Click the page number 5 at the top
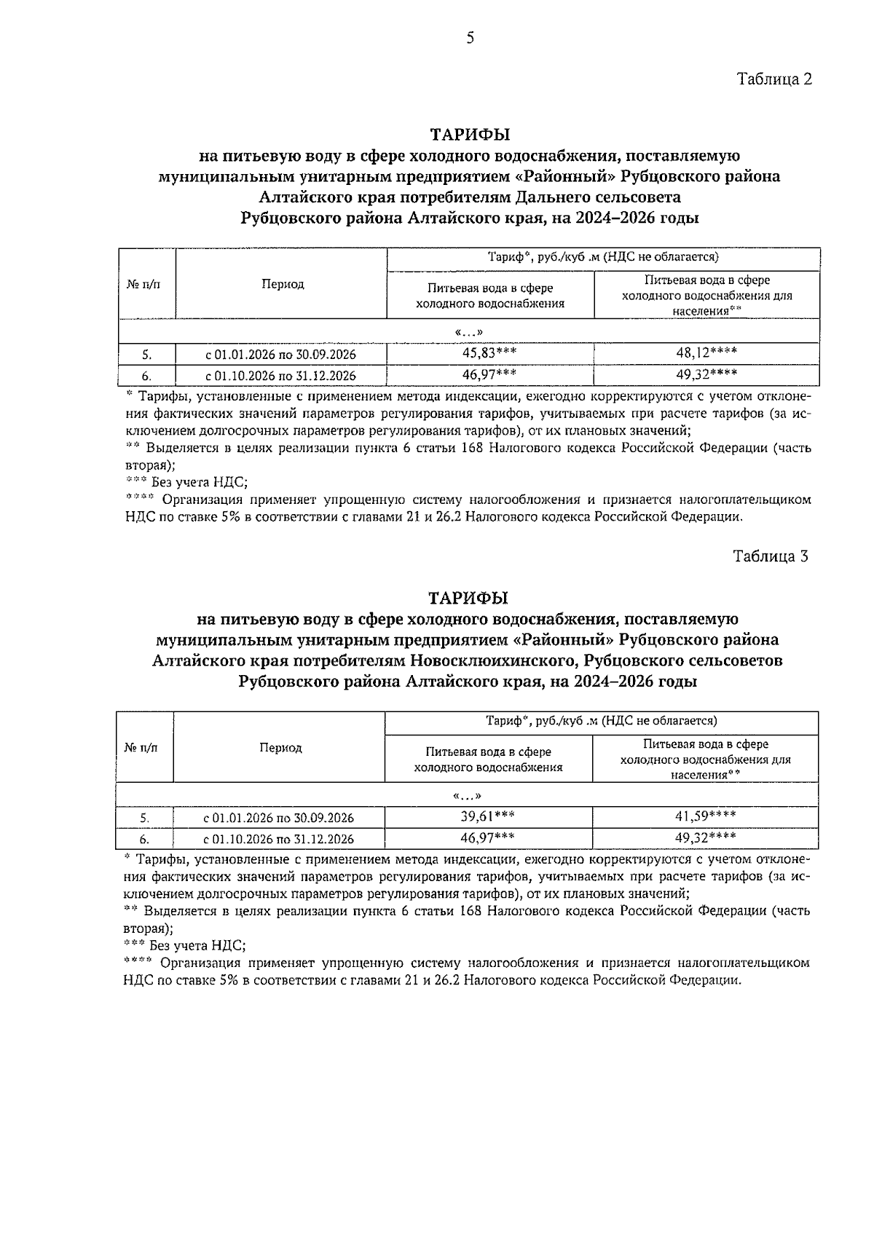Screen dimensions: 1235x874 (x=470, y=39)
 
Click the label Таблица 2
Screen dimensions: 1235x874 (x=774, y=79)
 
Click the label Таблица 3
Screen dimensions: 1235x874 (x=771, y=556)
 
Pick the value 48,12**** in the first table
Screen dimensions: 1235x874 (x=706, y=353)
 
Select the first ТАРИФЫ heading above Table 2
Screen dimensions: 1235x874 (x=470, y=135)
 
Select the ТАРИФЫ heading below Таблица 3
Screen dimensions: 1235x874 (x=468, y=599)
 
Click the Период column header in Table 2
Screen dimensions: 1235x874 (x=283, y=285)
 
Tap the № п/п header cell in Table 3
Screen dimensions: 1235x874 (x=141, y=748)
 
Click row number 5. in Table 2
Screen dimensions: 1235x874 (x=146, y=355)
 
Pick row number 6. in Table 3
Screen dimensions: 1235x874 (x=144, y=839)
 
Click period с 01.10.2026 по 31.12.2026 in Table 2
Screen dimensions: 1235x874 (x=280, y=376)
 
